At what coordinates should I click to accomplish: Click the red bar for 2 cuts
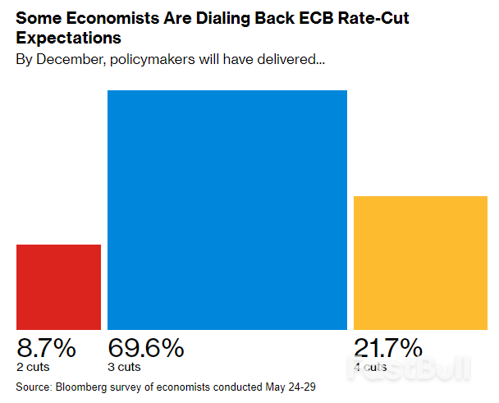(x=59, y=286)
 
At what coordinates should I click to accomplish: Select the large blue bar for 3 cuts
(x=227, y=209)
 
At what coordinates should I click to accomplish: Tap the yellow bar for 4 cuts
(x=419, y=263)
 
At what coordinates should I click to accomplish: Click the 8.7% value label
(x=46, y=348)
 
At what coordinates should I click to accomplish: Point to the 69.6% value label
(x=145, y=348)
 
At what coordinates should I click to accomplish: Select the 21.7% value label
(x=387, y=348)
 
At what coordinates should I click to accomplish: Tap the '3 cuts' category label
(x=124, y=366)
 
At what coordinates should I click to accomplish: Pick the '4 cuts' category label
(x=370, y=366)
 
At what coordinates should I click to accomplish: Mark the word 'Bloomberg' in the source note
(x=82, y=386)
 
